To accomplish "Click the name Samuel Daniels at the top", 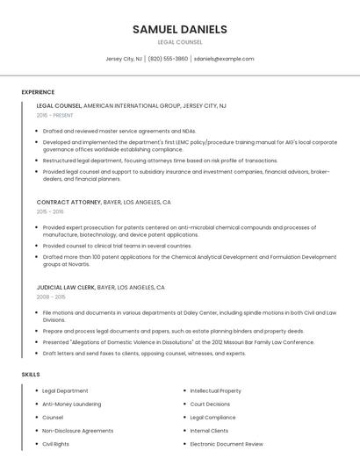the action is pos(179,29).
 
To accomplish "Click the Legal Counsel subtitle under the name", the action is pos(179,42).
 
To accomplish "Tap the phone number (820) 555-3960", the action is pos(168,59).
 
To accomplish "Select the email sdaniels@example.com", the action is pos(224,59).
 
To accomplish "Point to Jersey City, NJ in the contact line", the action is pos(124,59).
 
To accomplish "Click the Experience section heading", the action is pos(38,92).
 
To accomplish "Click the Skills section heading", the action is pos(31,375).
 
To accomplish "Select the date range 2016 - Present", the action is pos(54,115).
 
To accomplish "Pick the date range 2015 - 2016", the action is pos(50,211).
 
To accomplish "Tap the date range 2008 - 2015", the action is pos(50,297).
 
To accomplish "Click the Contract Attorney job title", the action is pos(69,202).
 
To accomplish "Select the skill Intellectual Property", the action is pos(215,390).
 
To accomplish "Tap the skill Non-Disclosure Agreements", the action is pos(77,431).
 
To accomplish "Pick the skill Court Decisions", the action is pos(210,404).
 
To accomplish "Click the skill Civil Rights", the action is pos(55,444).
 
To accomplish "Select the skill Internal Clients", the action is pos(209,431).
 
